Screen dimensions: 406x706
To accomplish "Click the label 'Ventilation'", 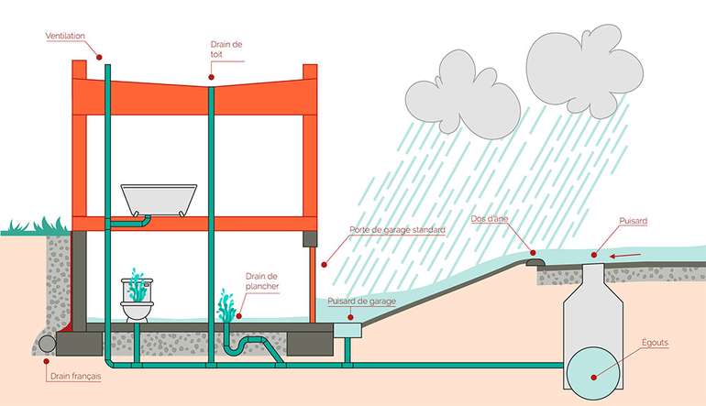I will pos(64,36).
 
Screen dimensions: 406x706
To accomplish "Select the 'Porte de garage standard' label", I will pos(397,229).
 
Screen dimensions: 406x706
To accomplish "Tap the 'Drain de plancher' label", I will pos(262,280).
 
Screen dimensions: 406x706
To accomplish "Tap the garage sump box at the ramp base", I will pos(349,327).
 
